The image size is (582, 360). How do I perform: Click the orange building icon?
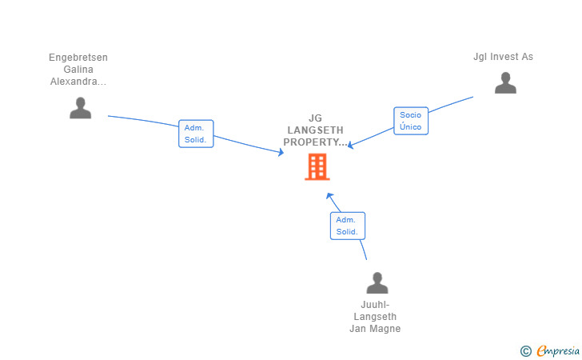click(x=317, y=166)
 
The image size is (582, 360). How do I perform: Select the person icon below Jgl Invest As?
click(x=505, y=83)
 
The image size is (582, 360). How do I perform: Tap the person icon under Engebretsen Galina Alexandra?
click(x=80, y=108)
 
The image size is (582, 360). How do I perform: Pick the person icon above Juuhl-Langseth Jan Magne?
click(x=377, y=283)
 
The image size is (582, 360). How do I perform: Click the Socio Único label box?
click(x=411, y=121)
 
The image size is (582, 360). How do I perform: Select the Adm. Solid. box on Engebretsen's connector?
click(x=196, y=134)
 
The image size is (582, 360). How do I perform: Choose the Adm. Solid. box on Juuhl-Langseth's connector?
click(x=347, y=226)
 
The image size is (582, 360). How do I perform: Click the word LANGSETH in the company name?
click(x=317, y=130)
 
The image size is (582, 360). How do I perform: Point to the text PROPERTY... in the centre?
click(x=317, y=142)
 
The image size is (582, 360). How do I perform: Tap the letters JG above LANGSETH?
click(x=316, y=118)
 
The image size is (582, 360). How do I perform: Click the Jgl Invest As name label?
click(x=503, y=57)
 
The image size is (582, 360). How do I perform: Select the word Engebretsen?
click(x=78, y=58)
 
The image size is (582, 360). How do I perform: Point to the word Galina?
click(x=78, y=70)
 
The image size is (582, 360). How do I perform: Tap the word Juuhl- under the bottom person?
click(x=375, y=305)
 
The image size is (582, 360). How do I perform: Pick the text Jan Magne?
click(x=375, y=329)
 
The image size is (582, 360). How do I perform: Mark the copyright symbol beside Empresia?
click(x=525, y=350)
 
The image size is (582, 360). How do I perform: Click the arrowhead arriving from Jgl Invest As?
click(x=351, y=146)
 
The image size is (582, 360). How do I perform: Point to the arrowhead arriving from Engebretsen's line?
click(x=281, y=152)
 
